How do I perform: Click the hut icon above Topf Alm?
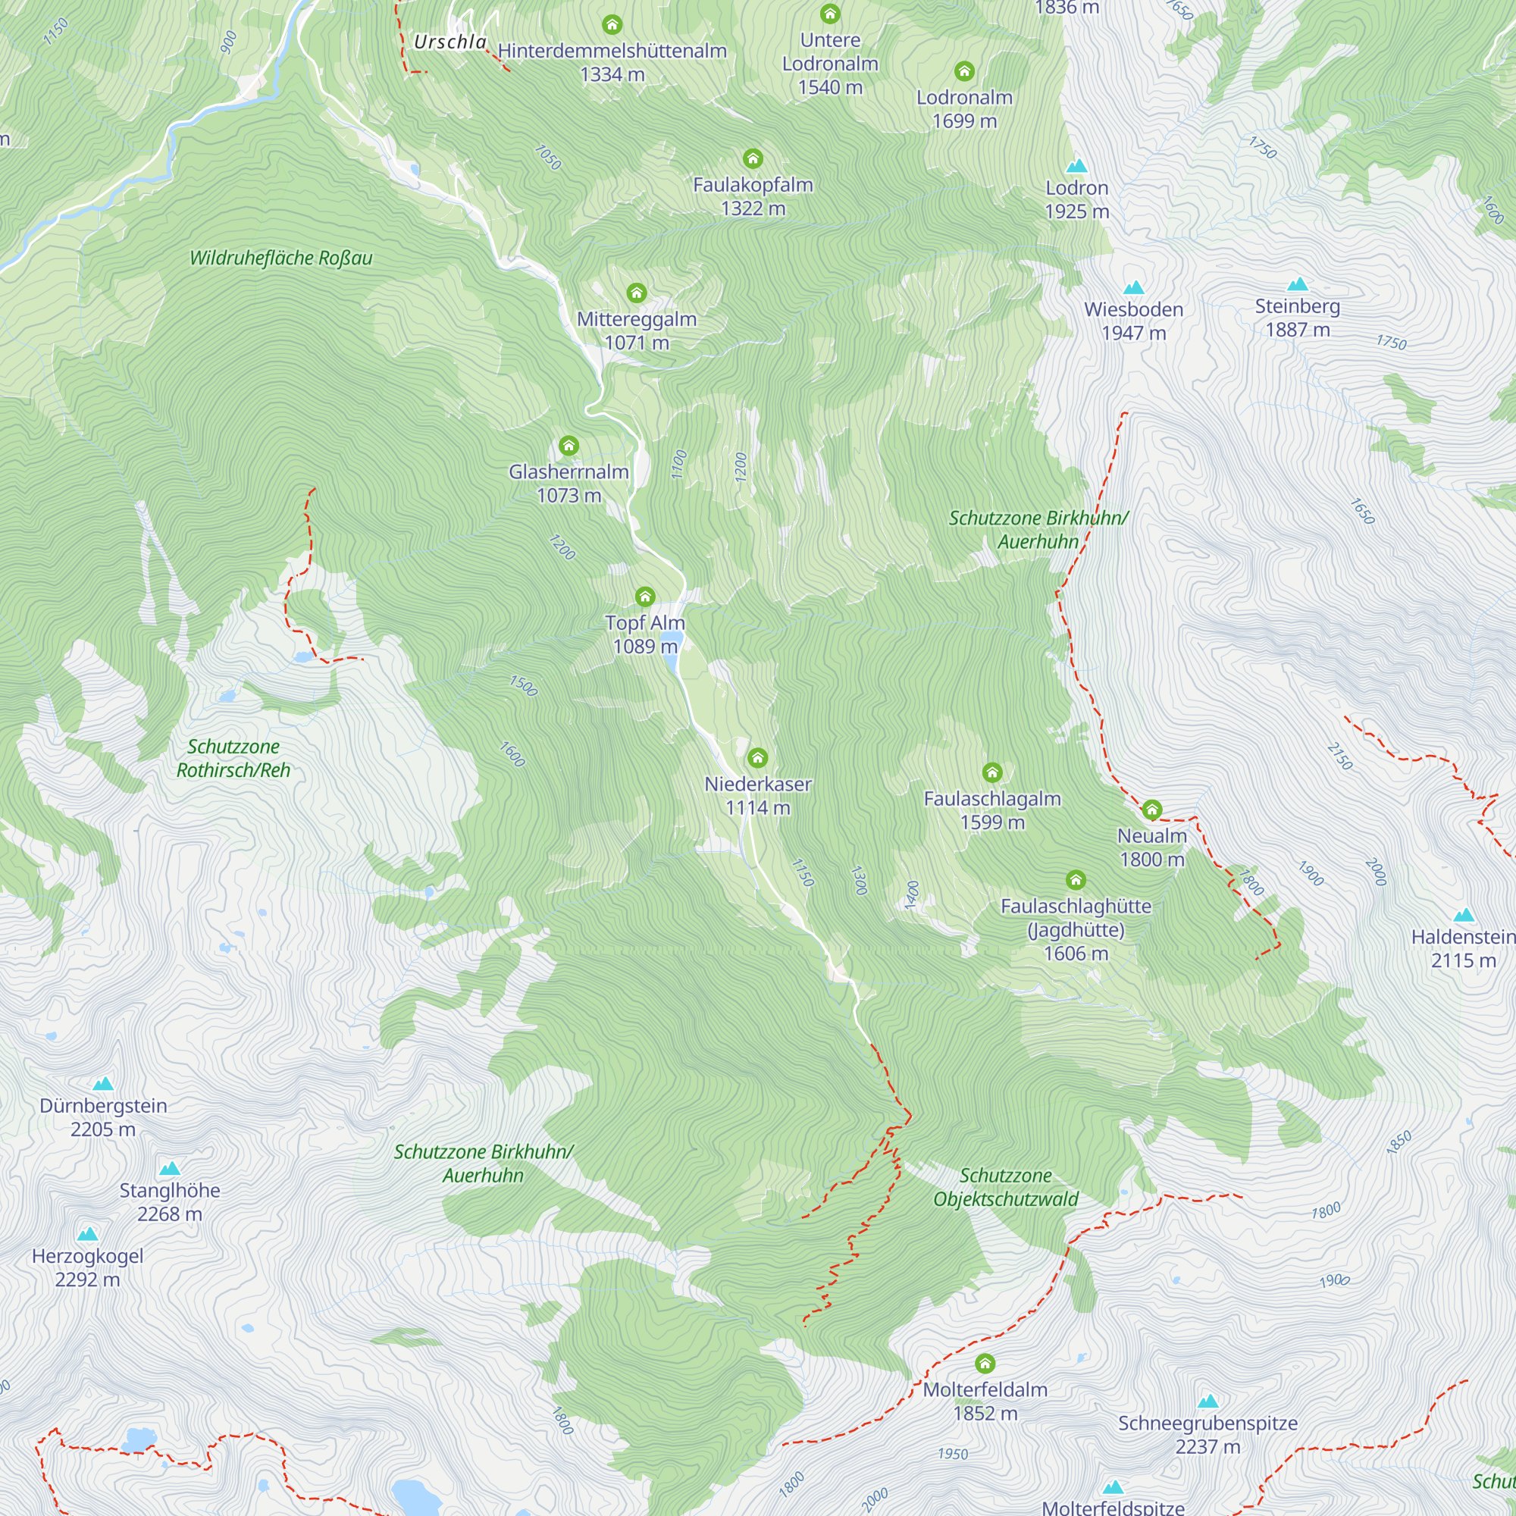645,597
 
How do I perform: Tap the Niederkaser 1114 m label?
757,796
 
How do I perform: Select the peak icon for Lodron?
1076,166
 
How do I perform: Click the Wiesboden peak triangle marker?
1133,288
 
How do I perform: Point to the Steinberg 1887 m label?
1297,318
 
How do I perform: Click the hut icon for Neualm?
1151,809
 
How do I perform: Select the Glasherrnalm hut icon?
569,446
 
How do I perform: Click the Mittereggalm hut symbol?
637,293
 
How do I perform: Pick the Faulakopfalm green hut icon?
753,159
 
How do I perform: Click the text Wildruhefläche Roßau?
281,258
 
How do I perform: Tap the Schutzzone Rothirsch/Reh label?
233,759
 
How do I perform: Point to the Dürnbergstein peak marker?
103,1085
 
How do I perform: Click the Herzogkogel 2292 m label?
87,1267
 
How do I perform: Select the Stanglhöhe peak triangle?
170,1169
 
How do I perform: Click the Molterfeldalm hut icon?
985,1364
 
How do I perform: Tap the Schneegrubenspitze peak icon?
1207,1402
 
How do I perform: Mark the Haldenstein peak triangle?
1464,915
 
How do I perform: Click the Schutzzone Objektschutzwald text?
1005,1187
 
